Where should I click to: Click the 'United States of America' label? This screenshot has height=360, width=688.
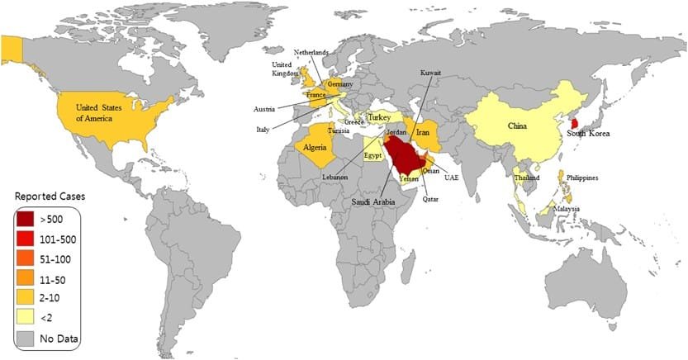106,112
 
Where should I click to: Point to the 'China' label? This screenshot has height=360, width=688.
517,126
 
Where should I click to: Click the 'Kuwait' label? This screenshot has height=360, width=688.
431,73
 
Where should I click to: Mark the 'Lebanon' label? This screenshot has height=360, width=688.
335,178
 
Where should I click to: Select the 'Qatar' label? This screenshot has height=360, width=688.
431,198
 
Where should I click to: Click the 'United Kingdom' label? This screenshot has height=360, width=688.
283,68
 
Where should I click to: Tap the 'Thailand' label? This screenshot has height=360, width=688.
526,178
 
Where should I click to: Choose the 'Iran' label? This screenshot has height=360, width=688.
423,132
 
